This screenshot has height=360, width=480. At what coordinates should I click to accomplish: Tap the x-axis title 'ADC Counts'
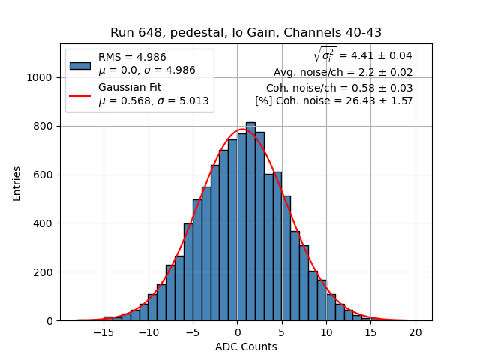point(246,346)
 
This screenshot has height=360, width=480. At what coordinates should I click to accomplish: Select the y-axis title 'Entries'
point(17,183)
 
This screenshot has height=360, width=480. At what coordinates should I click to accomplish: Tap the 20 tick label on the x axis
point(415,332)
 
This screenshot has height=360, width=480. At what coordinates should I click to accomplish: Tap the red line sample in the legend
point(80,95)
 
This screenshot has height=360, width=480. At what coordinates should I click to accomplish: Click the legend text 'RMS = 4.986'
point(133,57)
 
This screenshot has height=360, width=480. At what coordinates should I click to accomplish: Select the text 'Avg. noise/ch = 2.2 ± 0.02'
point(343,73)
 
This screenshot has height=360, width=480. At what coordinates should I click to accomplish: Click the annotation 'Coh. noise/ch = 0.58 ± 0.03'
point(339,88)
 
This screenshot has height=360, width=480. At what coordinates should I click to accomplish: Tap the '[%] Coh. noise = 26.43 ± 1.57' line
point(334,100)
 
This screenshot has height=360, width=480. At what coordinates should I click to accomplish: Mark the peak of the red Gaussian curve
point(242,130)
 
